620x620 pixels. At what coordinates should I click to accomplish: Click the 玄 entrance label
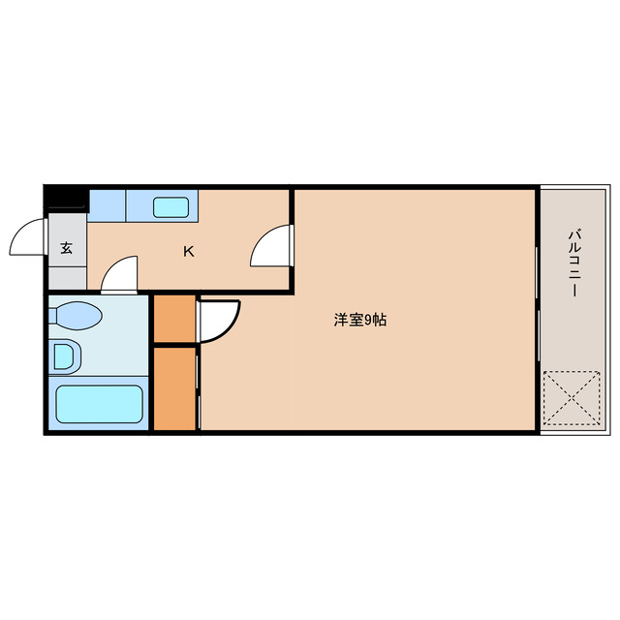(67, 248)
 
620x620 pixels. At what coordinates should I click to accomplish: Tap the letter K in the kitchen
(189, 252)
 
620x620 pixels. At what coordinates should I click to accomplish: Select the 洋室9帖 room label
(360, 320)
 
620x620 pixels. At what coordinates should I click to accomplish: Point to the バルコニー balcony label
(574, 263)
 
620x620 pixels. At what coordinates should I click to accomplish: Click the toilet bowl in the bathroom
(77, 316)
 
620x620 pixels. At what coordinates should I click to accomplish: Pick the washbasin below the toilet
(65, 356)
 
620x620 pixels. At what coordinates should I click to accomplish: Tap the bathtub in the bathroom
(99, 405)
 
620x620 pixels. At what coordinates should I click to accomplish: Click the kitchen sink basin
(171, 206)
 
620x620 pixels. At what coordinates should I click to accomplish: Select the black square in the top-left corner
(66, 198)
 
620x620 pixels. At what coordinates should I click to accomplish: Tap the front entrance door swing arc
(29, 237)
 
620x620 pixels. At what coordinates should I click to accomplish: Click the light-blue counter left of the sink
(108, 204)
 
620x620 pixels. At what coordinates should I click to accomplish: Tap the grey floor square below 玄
(67, 275)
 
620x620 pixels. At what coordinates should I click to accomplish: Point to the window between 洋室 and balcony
(538, 310)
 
